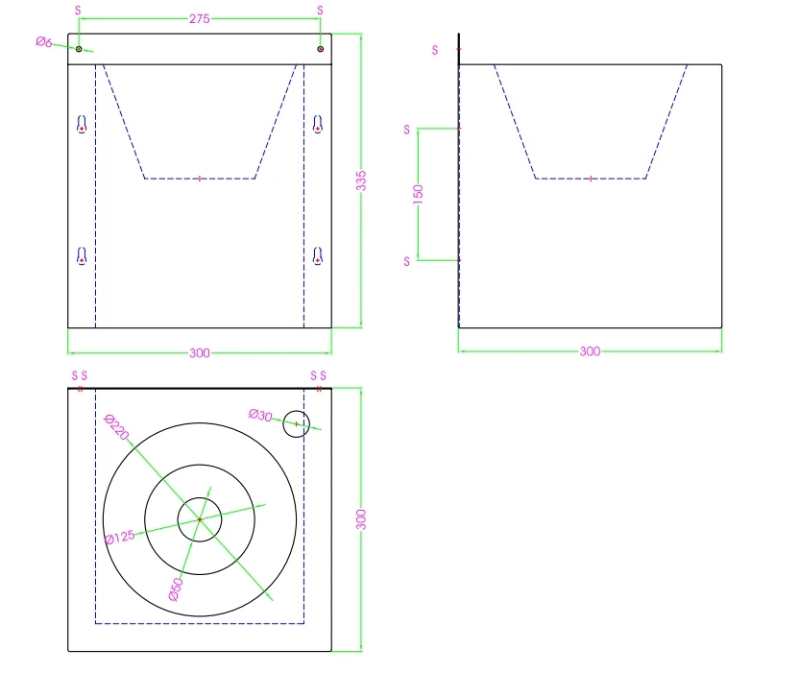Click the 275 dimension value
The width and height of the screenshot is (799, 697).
[199, 19]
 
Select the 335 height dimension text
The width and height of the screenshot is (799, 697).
[361, 180]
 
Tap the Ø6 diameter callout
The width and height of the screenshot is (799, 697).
[44, 42]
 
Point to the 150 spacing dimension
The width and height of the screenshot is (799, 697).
[418, 194]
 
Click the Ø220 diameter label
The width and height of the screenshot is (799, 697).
[116, 427]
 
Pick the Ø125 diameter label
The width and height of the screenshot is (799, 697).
[120, 538]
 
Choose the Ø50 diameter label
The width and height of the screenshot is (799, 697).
[176, 589]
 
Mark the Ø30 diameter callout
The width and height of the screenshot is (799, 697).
[260, 416]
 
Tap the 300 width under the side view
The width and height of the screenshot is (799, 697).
[590, 351]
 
